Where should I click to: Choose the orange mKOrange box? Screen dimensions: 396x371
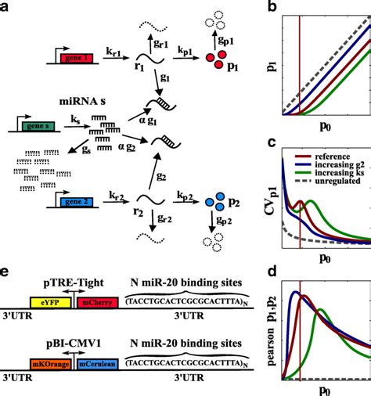49,364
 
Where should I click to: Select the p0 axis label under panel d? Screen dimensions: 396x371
326,389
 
